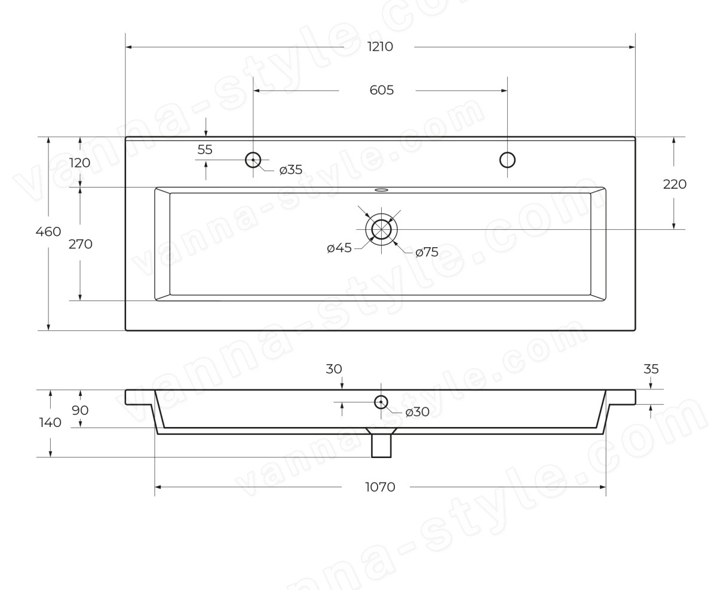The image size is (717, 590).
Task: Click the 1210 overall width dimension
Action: point(380,47)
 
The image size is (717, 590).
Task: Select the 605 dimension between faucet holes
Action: point(381,90)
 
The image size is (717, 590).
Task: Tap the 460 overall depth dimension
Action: point(48,232)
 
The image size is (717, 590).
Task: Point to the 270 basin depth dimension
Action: point(81,244)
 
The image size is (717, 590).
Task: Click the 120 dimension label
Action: point(80,163)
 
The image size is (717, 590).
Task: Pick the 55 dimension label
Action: point(205,149)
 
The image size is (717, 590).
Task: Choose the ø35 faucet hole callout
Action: point(290,170)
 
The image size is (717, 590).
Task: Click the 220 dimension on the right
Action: point(675,184)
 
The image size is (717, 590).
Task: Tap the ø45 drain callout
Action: point(339,248)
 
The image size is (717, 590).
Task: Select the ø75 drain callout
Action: point(427,252)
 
